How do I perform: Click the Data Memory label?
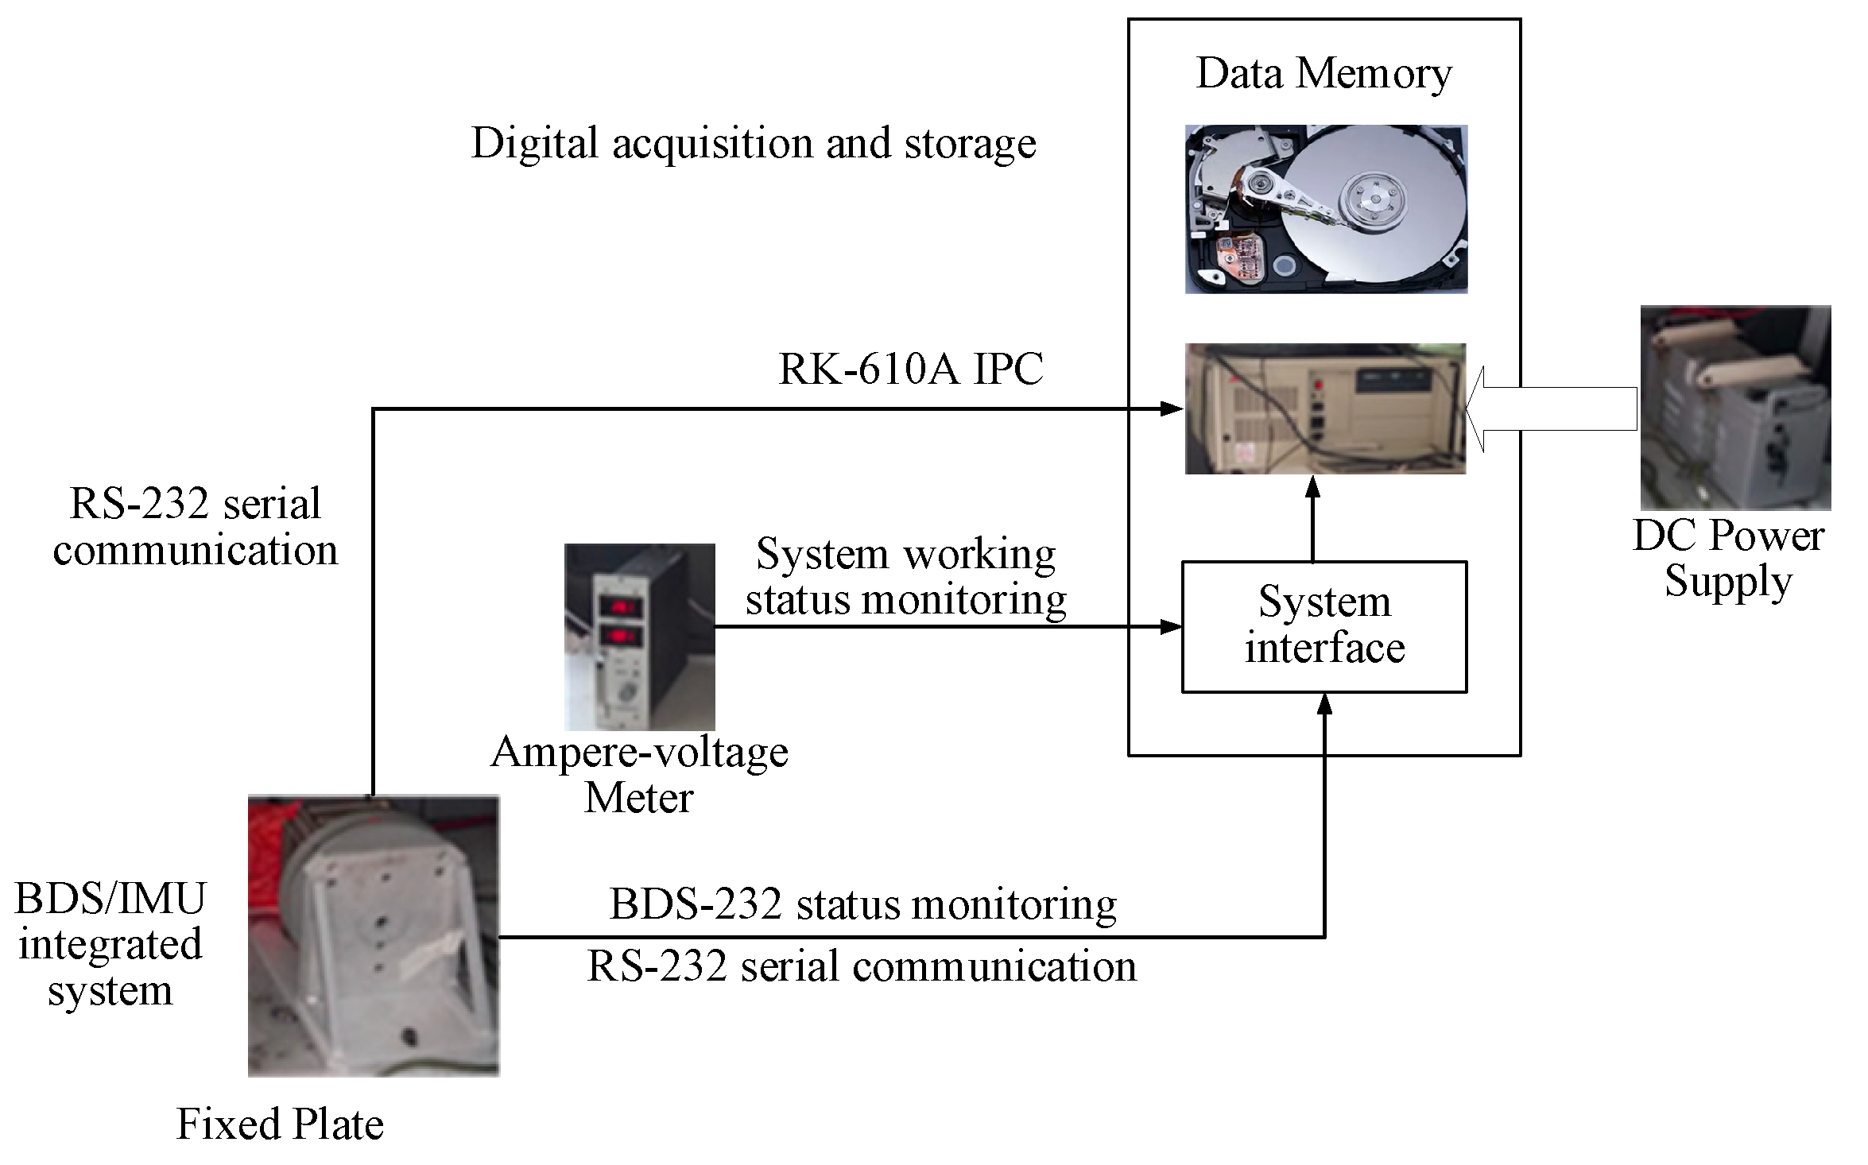pos(1323,74)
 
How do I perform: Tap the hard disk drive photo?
pos(1326,209)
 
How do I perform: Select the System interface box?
pos(1324,627)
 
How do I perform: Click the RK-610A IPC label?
pos(910,369)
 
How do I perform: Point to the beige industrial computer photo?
pos(1325,408)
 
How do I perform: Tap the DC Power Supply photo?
pos(1735,407)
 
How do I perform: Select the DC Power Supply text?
pos(1728,558)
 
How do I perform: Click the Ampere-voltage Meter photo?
pos(639,637)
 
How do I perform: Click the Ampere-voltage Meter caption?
pos(639,774)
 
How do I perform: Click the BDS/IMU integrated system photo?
pos(374,935)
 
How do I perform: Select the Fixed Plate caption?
pos(280,1124)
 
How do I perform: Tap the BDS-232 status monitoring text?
pos(862,904)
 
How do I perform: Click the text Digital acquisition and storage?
pos(753,144)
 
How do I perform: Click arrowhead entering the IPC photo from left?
pos(1172,408)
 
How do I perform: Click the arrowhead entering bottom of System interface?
pos(1324,704)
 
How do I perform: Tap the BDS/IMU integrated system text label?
pos(110,944)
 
